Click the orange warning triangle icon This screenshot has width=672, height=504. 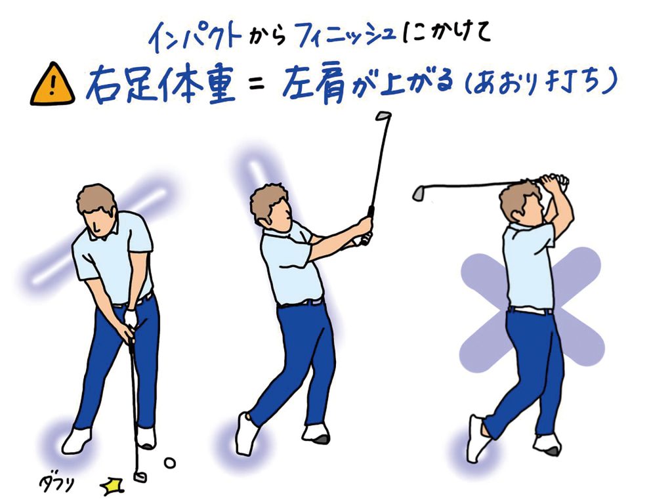click(x=52, y=85)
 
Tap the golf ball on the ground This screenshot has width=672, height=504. click(x=170, y=463)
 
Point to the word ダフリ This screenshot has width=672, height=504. click(x=56, y=483)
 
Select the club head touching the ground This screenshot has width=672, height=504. click(x=140, y=476)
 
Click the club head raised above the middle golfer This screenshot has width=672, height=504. click(x=383, y=117)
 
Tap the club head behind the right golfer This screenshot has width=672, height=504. click(x=418, y=193)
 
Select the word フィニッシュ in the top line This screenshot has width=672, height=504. click(x=345, y=34)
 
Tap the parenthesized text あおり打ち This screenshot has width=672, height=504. click(x=539, y=82)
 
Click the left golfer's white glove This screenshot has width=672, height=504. click(x=131, y=318)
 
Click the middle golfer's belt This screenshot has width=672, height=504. click(x=301, y=303)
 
